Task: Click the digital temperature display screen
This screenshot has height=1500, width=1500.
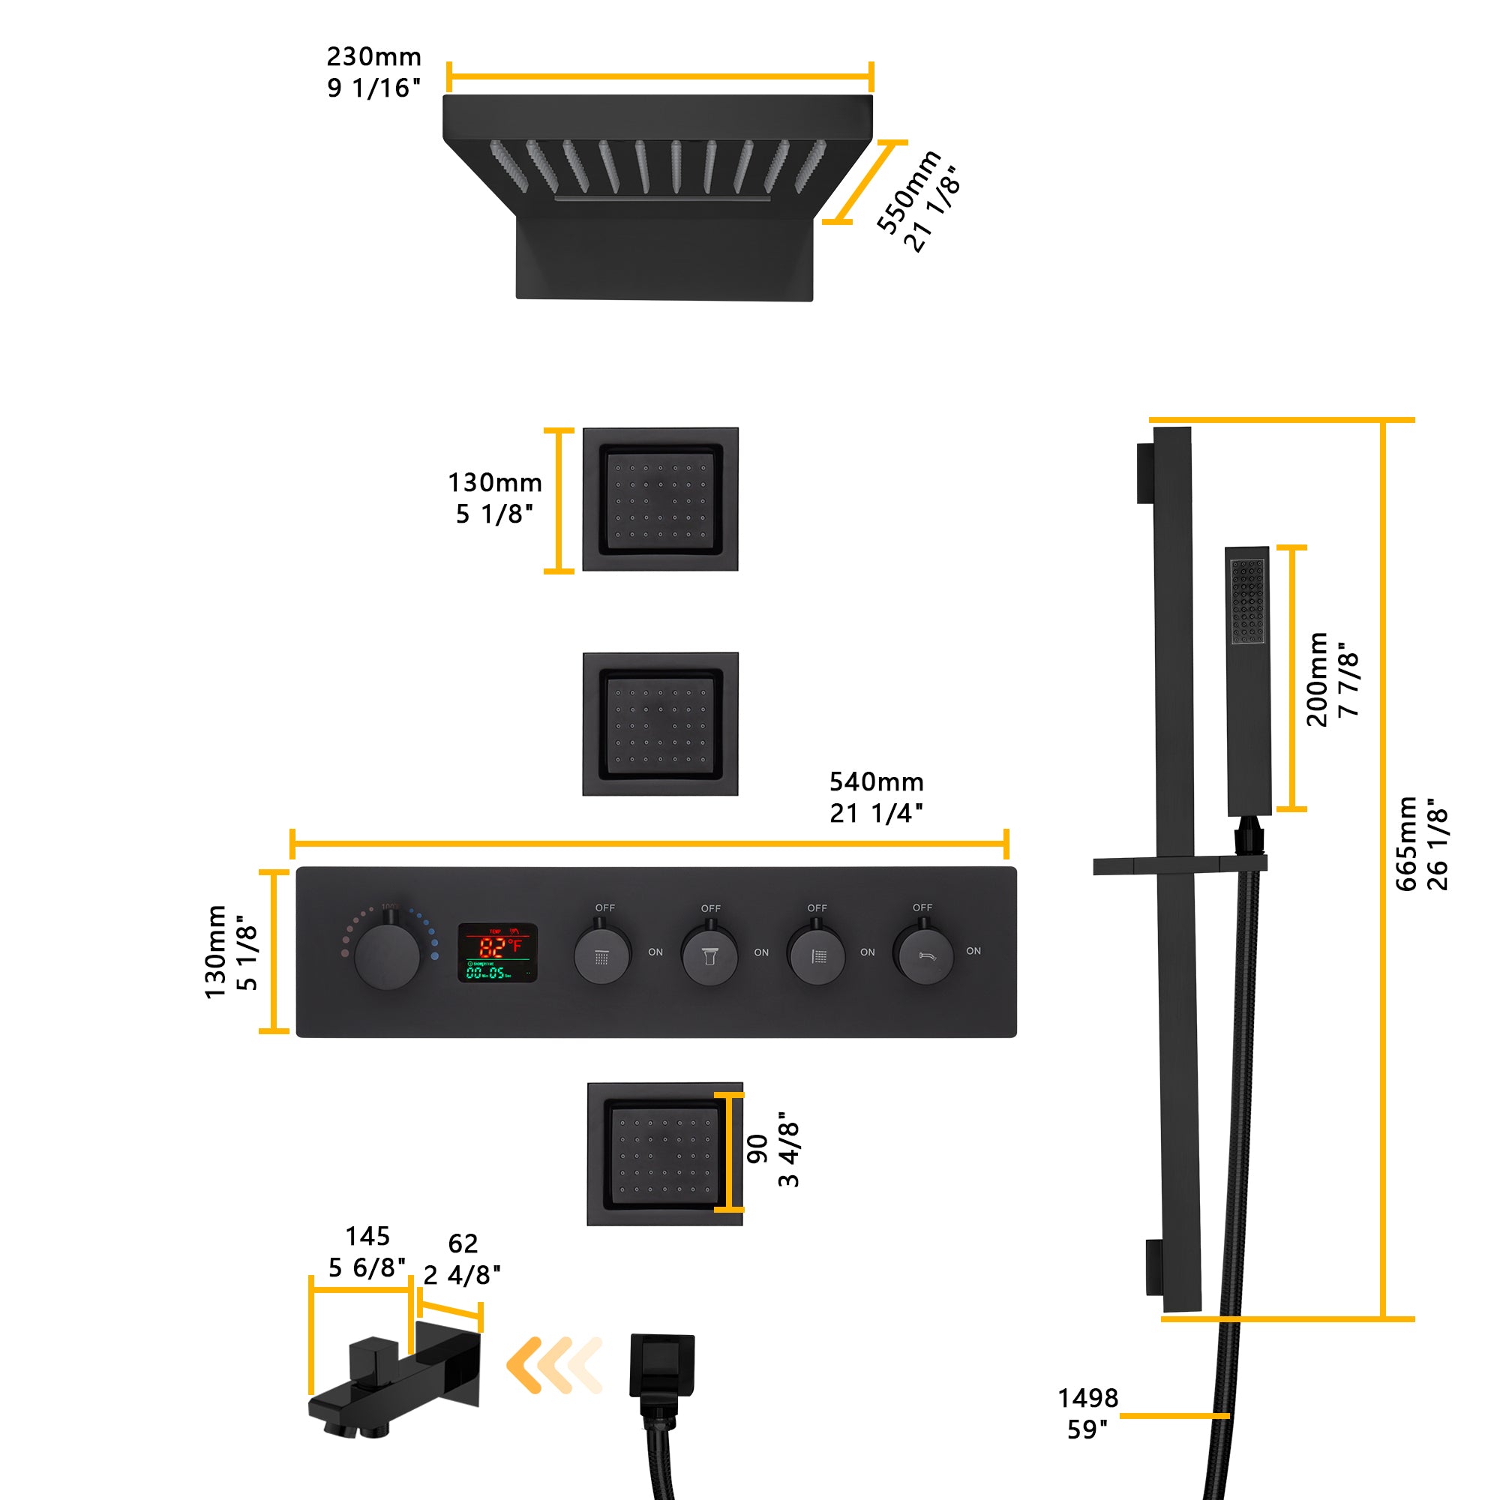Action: [x=497, y=952]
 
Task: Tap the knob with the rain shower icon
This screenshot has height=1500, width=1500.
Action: [x=601, y=956]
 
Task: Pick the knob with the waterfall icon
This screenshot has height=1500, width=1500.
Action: [x=709, y=956]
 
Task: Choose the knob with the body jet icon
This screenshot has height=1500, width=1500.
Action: [x=816, y=956]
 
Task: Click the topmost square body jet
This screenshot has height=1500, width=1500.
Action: [x=660, y=499]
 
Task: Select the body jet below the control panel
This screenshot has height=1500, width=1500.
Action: [x=664, y=1154]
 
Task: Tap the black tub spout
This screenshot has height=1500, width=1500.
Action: [x=388, y=1383]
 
